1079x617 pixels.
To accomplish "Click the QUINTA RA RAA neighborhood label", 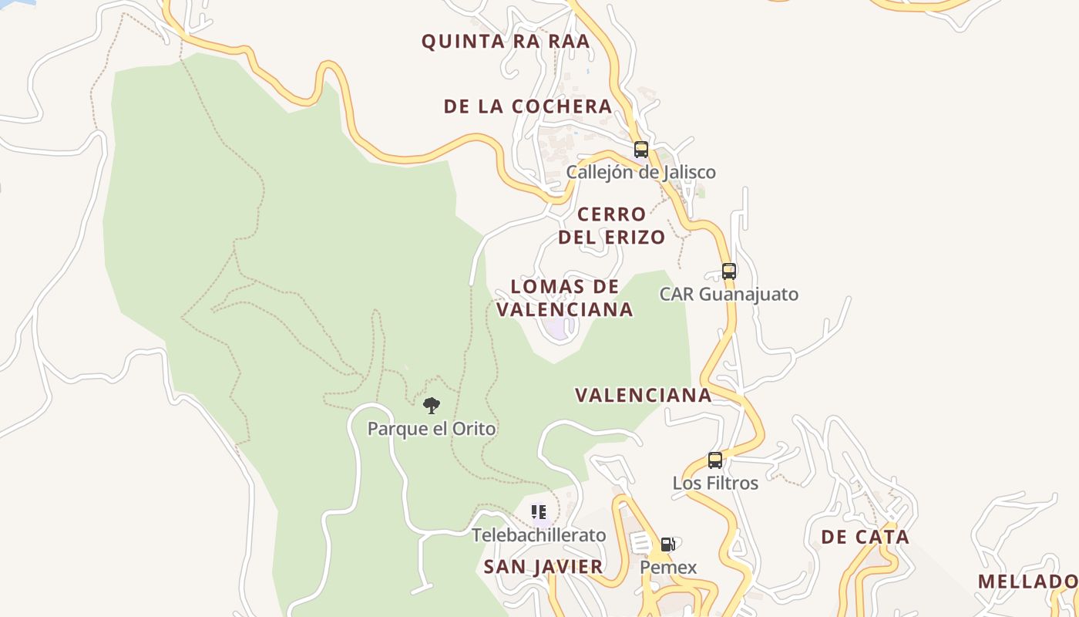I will [505, 42].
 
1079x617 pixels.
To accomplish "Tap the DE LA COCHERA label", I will [528, 106].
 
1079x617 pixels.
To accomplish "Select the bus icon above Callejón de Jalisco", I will [641, 150].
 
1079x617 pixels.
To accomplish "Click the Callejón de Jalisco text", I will [640, 172].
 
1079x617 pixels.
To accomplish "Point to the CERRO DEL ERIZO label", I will [611, 225].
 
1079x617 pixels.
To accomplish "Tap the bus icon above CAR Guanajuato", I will [729, 271].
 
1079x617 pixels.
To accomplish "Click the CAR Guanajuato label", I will [728, 294].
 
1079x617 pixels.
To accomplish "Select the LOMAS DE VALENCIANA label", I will [564, 298].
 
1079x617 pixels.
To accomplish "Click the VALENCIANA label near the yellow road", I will [644, 395].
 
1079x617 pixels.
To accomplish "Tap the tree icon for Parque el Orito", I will [432, 406].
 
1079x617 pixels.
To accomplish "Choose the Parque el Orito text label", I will [432, 428].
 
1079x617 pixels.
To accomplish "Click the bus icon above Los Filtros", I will [715, 460].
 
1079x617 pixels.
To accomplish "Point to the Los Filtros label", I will [715, 483].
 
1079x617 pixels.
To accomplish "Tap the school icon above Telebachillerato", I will [539, 512].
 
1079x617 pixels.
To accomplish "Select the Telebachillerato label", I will [539, 534].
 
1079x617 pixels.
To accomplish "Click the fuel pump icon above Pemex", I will [668, 545].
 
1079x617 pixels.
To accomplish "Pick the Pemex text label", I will [668, 568].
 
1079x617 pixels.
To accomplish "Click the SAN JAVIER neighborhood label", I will [543, 567].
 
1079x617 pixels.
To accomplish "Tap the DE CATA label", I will [865, 537].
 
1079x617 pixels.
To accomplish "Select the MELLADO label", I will [1027, 582].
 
